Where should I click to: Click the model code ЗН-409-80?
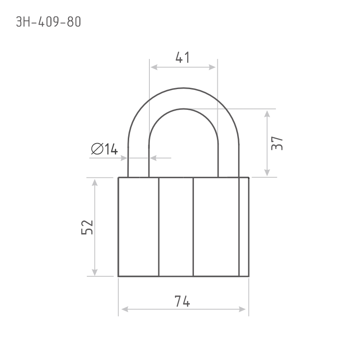coord(49,22)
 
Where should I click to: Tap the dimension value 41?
coord(183,58)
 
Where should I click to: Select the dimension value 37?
coord(277,143)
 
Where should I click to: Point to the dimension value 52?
coord(87,227)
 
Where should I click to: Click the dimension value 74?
coord(182,301)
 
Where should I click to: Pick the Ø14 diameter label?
coord(104,149)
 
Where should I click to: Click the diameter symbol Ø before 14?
coord(97,149)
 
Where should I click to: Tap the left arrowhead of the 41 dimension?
coord(154,67)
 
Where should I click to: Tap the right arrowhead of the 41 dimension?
coord(212,67)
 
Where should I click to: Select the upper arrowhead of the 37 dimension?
coord(267,114)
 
